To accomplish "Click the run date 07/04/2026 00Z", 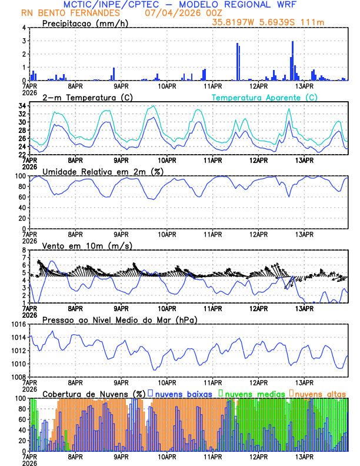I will pos(175,13).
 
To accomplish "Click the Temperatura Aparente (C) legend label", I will pos(264,97).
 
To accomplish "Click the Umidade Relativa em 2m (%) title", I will pos(103,171).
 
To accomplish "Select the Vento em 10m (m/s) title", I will pos(87,245).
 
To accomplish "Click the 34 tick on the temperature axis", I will pos(21,106).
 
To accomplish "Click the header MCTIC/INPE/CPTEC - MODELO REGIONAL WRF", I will pos(180,5).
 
